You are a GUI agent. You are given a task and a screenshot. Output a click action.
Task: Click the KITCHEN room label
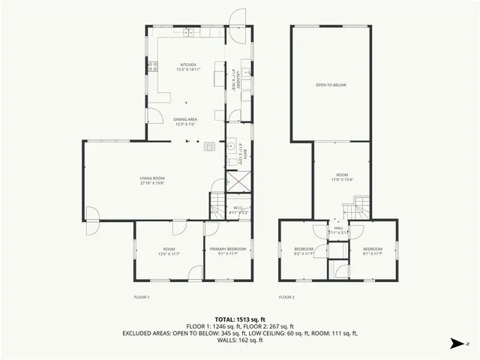187,65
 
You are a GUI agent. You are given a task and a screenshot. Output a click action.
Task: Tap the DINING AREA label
185,120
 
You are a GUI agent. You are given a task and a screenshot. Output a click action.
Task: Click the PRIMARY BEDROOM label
223,249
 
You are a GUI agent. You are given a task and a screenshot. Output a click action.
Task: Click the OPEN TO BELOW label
331,85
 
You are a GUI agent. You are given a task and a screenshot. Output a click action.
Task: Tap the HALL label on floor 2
338,228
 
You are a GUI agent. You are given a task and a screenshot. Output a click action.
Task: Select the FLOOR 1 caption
142,297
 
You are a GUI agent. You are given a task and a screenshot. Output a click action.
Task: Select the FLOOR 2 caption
286,297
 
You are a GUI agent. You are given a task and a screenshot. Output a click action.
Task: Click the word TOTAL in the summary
225,317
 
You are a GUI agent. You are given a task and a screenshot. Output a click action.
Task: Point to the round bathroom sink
232,146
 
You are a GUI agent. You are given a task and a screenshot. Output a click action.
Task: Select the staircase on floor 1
217,202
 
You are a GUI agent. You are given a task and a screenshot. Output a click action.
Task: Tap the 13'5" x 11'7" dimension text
169,254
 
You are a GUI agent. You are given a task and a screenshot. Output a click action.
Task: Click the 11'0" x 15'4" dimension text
342,179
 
